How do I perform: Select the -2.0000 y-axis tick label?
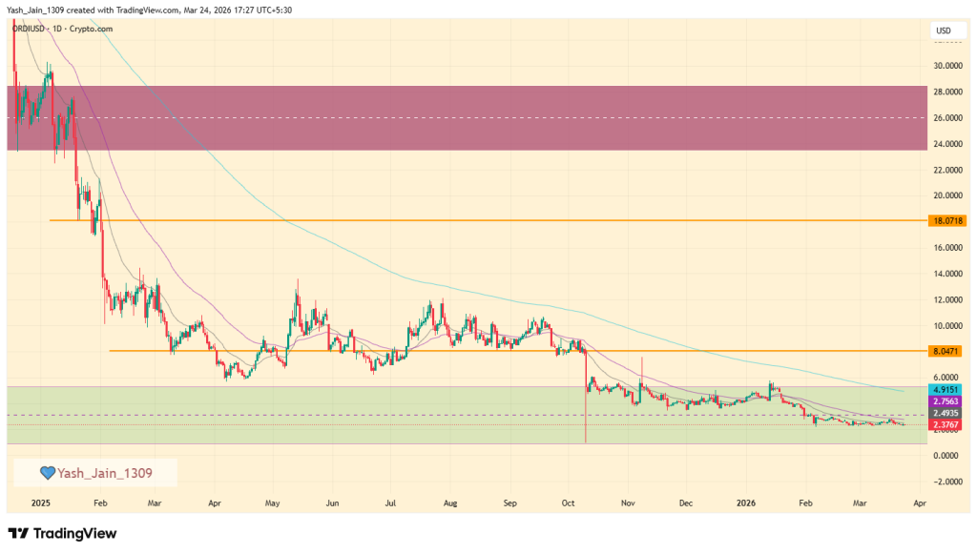point(946,482)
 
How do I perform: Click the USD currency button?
point(944,31)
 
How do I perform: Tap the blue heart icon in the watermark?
point(47,472)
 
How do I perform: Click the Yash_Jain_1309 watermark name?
point(105,472)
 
